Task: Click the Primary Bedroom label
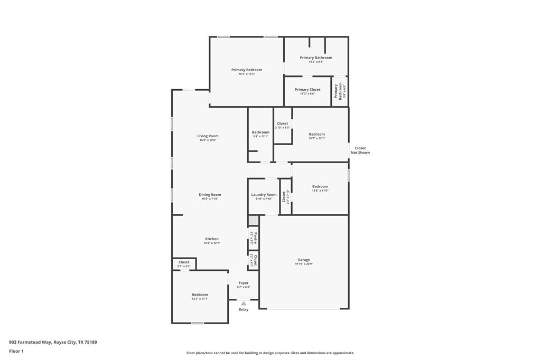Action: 246,70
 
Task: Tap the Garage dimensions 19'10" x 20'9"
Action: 304,264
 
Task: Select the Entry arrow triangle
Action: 244,304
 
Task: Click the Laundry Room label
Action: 264,195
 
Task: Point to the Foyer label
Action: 243,283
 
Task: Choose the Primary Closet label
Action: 307,90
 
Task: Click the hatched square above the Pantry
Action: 254,220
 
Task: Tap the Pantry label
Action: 256,238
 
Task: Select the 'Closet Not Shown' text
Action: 360,150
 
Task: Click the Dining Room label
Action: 210,195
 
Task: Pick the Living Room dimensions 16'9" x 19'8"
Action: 209,140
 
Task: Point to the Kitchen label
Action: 212,239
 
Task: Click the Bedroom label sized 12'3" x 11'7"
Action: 200,295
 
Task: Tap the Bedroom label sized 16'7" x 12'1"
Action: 317,134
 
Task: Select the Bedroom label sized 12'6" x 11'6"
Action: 320,186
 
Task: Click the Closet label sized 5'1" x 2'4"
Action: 184,262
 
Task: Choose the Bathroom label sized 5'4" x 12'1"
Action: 260,132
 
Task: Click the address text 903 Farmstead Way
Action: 53,342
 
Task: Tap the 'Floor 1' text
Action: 16,351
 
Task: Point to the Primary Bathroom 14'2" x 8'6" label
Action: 316,58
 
